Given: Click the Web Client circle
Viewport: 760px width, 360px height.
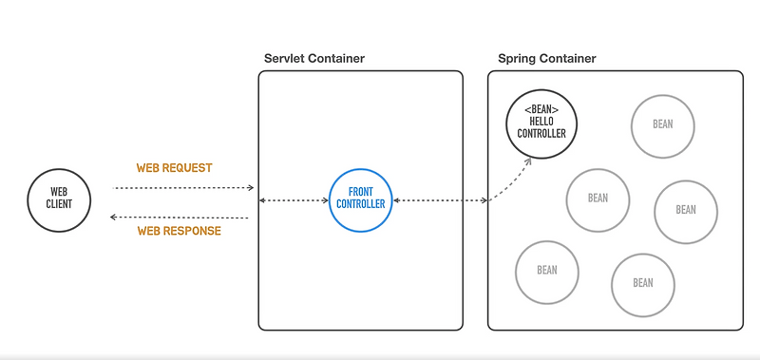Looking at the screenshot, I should pos(60,199).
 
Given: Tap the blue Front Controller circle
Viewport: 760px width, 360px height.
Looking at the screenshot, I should pos(361,199).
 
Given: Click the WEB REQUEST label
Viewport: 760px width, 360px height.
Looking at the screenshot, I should pos(174,168).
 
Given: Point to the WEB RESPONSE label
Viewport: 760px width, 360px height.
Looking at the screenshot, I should pos(179,231).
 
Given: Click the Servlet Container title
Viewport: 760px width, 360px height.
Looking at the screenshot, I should pos(313,59).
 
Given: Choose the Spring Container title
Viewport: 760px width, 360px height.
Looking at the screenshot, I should pos(547,59).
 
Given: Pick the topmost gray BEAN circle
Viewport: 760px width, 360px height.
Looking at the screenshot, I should pos(663,124).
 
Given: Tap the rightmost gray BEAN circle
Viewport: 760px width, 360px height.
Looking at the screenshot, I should pos(686,210).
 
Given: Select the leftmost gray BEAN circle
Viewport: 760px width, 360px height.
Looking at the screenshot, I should pos(547,271).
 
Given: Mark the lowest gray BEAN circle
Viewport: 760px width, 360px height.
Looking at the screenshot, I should pos(643,283).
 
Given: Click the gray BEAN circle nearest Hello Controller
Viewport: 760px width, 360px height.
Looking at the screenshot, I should pos(598,199).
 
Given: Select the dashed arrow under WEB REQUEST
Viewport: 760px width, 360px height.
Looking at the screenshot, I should pos(182,188).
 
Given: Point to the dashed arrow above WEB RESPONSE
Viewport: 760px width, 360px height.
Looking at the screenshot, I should pos(180,218).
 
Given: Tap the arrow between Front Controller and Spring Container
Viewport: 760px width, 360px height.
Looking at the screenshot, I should pos(440,200).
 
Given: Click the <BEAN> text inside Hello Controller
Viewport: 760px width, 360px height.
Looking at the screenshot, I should pos(541,110).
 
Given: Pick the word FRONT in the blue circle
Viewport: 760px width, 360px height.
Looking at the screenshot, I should pos(361,193).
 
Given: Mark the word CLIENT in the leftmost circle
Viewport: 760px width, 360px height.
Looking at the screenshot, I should pos(60,204).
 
